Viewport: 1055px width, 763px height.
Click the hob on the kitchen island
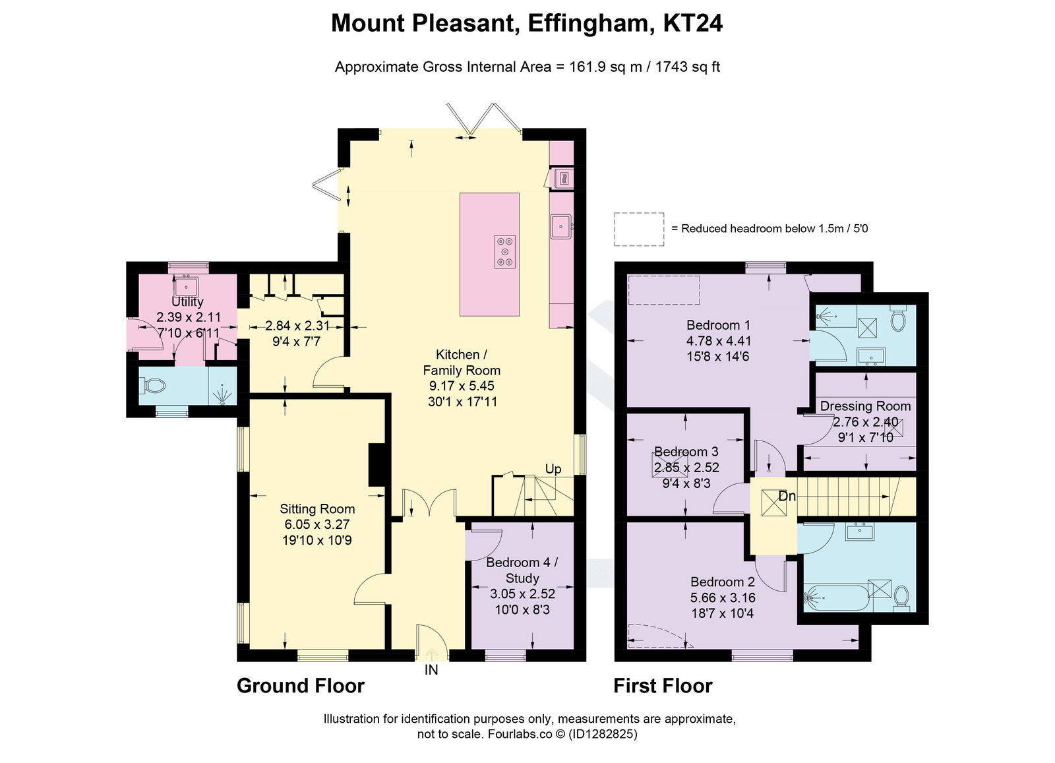tap(505, 251)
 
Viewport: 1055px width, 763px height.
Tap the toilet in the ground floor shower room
tap(154, 385)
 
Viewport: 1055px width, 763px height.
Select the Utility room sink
tap(187, 287)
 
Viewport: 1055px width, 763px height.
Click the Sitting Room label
tap(317, 508)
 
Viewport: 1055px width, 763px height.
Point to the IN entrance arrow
tap(431, 655)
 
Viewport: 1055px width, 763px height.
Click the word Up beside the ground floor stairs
tap(553, 468)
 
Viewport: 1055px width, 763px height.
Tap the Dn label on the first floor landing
tap(787, 496)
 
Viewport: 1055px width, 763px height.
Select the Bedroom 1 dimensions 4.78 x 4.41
tap(718, 340)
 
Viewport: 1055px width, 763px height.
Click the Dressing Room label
tap(865, 406)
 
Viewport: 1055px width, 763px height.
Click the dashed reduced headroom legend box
tap(639, 229)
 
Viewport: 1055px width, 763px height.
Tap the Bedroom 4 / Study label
tap(522, 570)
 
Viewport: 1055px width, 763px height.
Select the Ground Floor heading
tap(300, 686)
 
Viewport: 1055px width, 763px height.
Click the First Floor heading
tap(663, 686)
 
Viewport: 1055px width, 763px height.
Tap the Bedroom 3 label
tap(686, 452)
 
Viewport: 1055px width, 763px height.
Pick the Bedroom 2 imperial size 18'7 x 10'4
tap(722, 613)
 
